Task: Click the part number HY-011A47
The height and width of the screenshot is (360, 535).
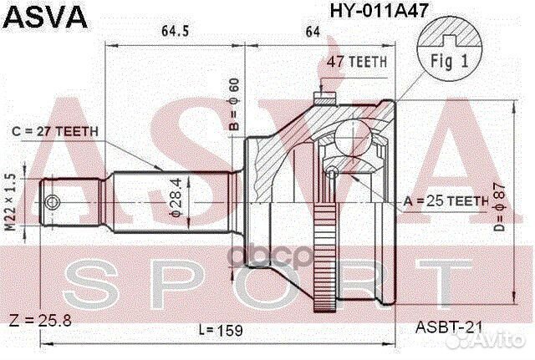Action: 379,11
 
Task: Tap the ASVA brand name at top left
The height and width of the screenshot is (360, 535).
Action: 45,17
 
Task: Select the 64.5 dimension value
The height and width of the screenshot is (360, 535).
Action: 175,32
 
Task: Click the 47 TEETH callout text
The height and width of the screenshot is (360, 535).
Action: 357,62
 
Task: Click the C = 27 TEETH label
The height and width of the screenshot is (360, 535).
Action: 55,131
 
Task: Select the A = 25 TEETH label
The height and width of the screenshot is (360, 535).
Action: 446,201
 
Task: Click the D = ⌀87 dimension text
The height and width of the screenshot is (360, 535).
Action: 499,207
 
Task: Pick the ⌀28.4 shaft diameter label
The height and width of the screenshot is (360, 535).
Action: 176,197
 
